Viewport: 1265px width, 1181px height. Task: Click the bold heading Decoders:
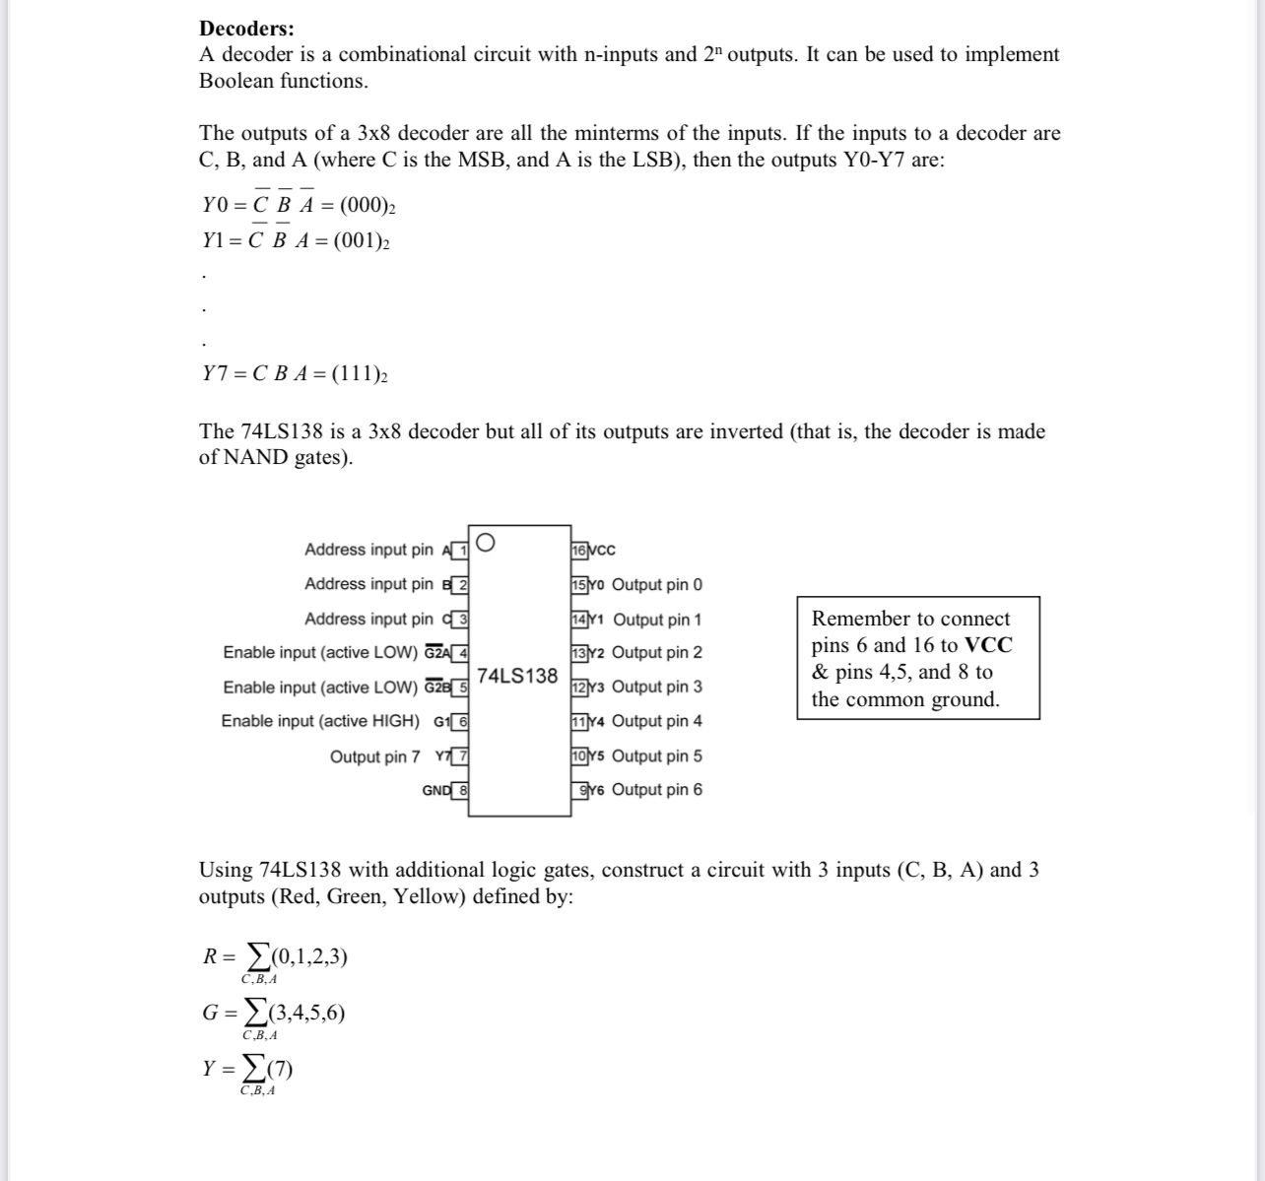click(246, 29)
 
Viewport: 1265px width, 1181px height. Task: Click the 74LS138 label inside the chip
click(517, 676)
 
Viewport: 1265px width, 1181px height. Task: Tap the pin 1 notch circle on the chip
click(484, 543)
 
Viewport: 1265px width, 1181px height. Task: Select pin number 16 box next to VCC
click(579, 551)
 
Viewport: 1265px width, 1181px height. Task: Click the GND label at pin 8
click(436, 790)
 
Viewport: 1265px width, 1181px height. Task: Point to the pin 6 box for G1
click(459, 721)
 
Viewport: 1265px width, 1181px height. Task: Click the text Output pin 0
click(657, 585)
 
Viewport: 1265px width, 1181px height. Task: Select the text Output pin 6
click(657, 790)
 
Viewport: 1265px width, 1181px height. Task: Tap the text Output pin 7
click(374, 756)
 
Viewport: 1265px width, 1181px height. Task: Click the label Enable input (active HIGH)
click(320, 721)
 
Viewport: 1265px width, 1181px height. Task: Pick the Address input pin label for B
click(368, 584)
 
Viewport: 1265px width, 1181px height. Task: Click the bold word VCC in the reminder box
click(987, 645)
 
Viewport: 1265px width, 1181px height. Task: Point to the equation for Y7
click(295, 373)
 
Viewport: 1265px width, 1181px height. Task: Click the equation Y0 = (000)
click(299, 205)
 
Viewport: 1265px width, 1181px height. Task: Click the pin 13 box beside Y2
click(579, 653)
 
